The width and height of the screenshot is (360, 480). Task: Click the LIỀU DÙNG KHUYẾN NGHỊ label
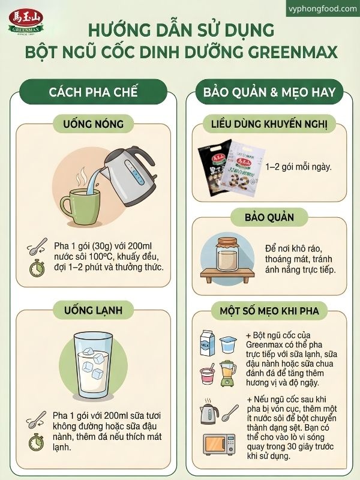[269, 124]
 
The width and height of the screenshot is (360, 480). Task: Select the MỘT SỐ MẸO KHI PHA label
[269, 310]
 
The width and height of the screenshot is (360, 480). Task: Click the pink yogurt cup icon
[208, 376]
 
